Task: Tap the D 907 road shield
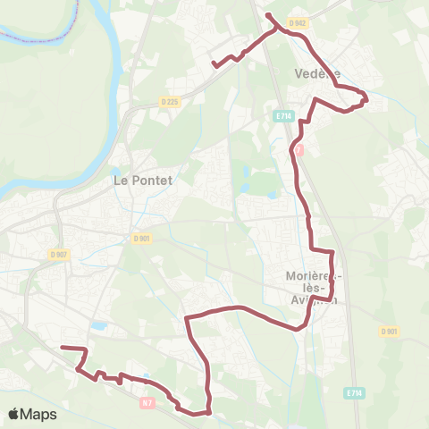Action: [x=59, y=255]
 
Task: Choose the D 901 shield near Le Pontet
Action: [x=141, y=239]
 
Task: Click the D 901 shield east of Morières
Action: [x=389, y=331]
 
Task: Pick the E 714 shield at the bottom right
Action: [x=355, y=392]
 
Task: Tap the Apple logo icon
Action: [x=14, y=414]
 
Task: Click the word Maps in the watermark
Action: [x=39, y=414]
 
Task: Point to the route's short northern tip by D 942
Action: [x=268, y=14]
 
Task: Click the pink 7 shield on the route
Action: [x=299, y=150]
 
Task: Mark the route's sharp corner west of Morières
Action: [x=186, y=316]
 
